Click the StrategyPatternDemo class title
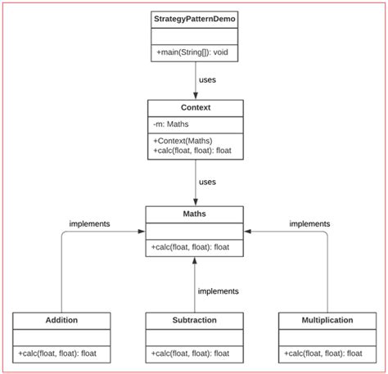point(195,18)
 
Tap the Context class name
point(195,107)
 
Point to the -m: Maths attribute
point(171,124)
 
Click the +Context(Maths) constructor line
point(183,140)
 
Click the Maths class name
point(195,214)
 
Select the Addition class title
point(61,320)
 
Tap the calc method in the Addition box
point(61,354)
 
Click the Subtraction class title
point(195,320)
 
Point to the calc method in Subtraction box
point(194,354)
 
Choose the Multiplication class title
point(327,320)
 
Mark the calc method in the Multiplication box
point(327,354)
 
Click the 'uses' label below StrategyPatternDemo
point(208,80)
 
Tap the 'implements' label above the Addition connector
point(90,223)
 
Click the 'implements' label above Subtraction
point(218,291)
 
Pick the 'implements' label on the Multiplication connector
point(309,223)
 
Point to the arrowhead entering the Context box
point(195,95)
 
